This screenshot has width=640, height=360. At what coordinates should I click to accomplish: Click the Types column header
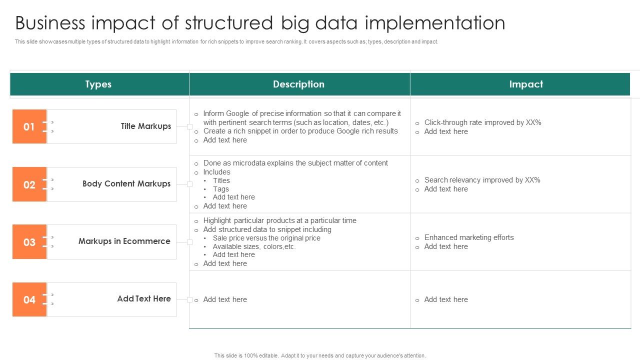(x=98, y=84)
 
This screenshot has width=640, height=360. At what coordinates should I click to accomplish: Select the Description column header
(x=298, y=84)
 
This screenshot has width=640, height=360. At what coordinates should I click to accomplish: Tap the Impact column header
(x=526, y=84)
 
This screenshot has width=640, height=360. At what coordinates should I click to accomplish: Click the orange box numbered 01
(x=29, y=126)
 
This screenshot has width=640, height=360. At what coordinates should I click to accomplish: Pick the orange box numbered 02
(x=29, y=184)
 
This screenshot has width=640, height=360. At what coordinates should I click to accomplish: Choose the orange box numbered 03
(x=29, y=242)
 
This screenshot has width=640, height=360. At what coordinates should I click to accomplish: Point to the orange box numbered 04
(x=29, y=299)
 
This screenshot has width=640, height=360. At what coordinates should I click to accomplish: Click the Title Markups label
(x=145, y=126)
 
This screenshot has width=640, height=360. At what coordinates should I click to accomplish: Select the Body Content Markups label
(x=126, y=184)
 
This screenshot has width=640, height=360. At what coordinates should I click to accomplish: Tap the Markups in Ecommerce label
(x=124, y=241)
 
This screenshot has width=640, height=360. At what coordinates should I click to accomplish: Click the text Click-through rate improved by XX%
(x=482, y=122)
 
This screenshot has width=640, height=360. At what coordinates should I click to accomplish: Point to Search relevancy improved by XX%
(x=482, y=180)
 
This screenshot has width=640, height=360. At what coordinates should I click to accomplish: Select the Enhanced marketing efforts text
(x=469, y=237)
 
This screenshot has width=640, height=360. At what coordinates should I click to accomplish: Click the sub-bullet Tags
(x=220, y=189)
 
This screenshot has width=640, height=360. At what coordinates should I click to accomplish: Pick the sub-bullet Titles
(x=221, y=180)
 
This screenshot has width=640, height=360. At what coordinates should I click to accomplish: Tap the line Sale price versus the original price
(x=266, y=238)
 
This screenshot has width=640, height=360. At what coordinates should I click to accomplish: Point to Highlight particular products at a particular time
(x=279, y=220)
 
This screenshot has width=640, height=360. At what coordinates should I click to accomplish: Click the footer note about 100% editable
(x=320, y=355)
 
